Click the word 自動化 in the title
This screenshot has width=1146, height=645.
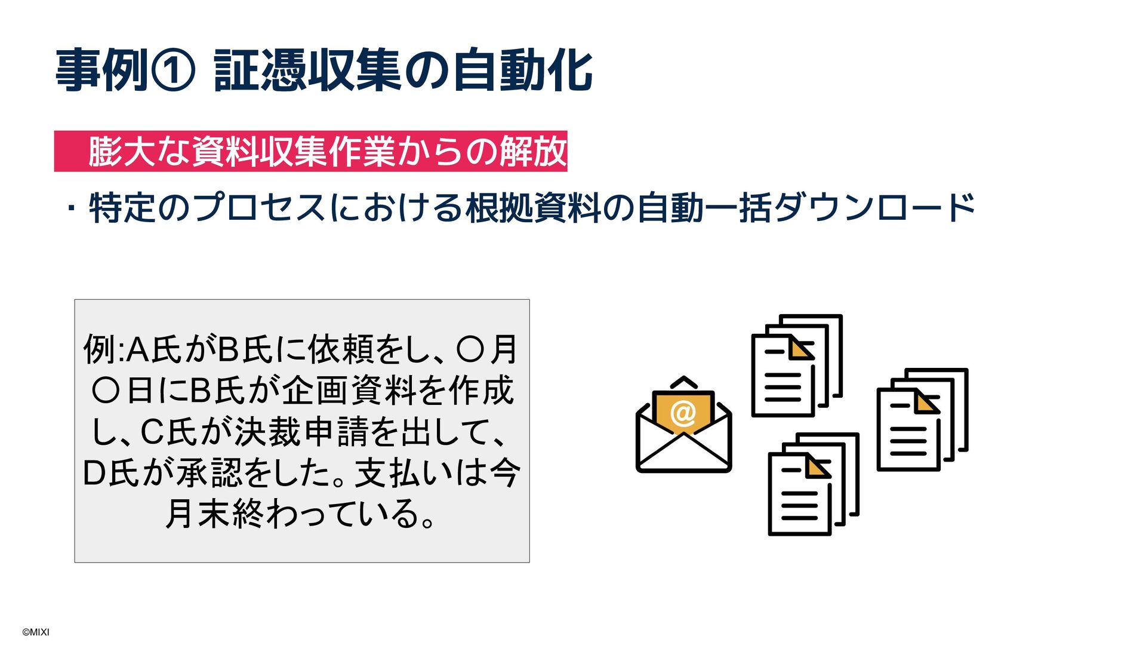[522, 71]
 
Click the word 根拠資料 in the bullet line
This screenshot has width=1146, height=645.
[533, 208]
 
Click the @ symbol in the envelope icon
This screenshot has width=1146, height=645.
[683, 412]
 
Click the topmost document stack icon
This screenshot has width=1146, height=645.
[796, 365]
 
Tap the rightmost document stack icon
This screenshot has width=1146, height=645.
[922, 419]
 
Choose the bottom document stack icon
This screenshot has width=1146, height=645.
[813, 484]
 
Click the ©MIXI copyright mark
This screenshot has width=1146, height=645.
[36, 632]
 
